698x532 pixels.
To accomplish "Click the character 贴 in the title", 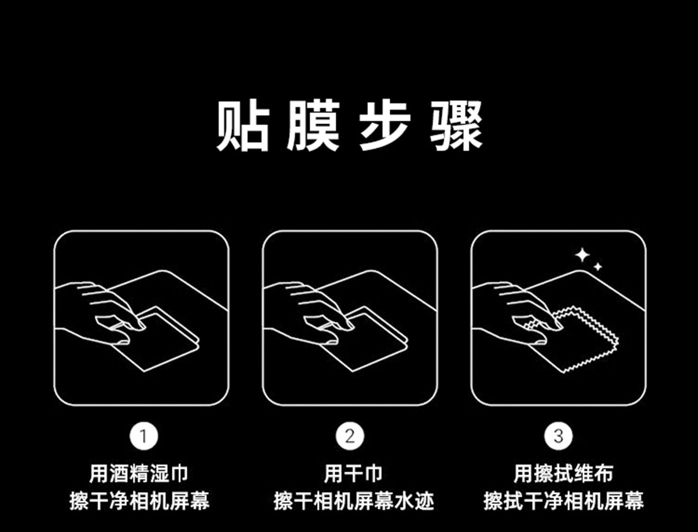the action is coord(243,126).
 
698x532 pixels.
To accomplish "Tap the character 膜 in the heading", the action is coord(313,126).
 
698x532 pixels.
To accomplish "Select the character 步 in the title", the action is coord(385,126).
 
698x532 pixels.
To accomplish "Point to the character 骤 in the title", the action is coord(456,126).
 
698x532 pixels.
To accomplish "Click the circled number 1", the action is coord(144,436).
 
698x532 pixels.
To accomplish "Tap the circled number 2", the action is coord(350,436).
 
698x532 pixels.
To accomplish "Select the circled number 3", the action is coord(558,436).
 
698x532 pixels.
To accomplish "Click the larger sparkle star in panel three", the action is coord(583,255).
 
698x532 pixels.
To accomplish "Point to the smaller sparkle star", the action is coord(598,267).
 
